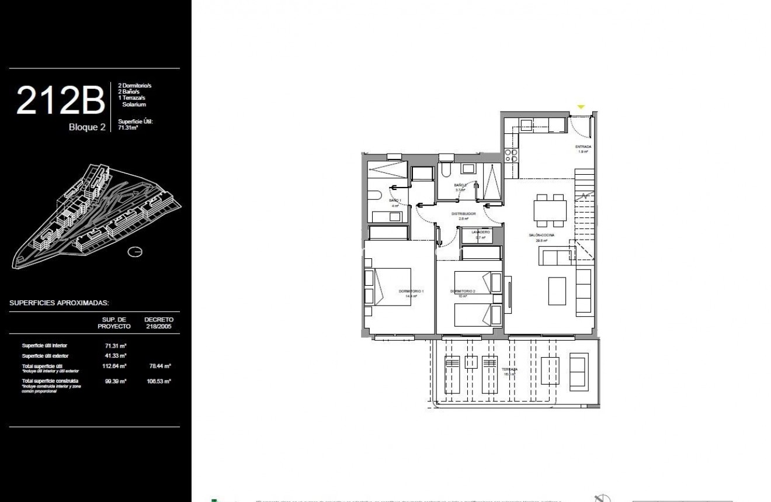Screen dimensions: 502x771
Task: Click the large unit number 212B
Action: pyautogui.click(x=60, y=101)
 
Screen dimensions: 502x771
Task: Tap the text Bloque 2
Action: pyautogui.click(x=87, y=127)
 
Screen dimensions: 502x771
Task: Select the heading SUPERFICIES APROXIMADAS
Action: pyautogui.click(x=59, y=303)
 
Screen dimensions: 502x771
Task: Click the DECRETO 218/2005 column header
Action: pyautogui.click(x=158, y=323)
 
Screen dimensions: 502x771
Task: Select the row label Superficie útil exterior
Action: pyautogui.click(x=45, y=355)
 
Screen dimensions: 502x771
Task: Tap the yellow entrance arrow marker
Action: pyautogui.click(x=581, y=107)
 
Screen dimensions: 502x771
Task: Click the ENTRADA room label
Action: pyautogui.click(x=583, y=147)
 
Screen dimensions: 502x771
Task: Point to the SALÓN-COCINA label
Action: pyautogui.click(x=541, y=235)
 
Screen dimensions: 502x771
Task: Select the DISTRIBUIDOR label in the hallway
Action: pyautogui.click(x=464, y=214)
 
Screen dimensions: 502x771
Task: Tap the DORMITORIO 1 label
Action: pyautogui.click(x=411, y=291)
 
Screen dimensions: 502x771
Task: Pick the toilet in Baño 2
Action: pyautogui.click(x=446, y=169)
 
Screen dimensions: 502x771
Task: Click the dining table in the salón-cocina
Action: pyautogui.click(x=550, y=210)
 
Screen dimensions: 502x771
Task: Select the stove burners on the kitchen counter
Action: pyautogui.click(x=511, y=155)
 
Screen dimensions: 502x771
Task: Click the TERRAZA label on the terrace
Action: pyautogui.click(x=509, y=370)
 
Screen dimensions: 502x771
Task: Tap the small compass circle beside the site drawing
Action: pyautogui.click(x=135, y=252)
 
